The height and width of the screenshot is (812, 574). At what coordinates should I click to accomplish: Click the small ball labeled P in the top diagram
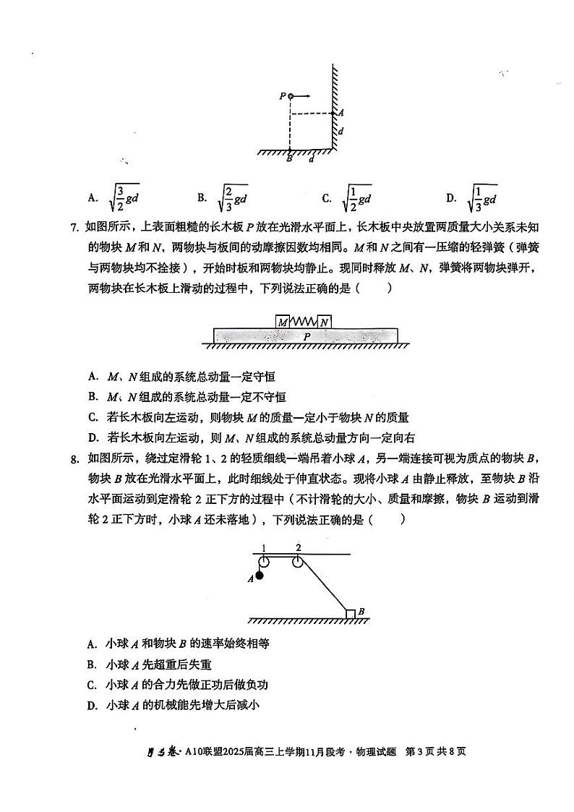(x=290, y=95)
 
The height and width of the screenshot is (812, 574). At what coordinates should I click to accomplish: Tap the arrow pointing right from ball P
(x=302, y=95)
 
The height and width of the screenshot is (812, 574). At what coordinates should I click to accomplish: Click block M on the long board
(x=283, y=321)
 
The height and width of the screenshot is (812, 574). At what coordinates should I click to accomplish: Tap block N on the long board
(x=325, y=321)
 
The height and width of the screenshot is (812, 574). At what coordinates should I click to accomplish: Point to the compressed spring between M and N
(x=304, y=321)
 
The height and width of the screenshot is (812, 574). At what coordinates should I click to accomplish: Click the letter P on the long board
(x=307, y=336)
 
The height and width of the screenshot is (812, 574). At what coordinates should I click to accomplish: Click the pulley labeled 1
(x=264, y=563)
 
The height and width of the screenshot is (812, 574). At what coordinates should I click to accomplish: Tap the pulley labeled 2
(x=297, y=563)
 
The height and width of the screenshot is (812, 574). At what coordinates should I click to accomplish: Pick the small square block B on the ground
(x=351, y=614)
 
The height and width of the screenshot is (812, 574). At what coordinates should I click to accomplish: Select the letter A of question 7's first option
(x=93, y=377)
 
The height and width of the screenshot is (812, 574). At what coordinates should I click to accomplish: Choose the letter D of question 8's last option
(x=92, y=705)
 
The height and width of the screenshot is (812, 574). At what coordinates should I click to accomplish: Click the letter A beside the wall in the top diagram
(x=340, y=113)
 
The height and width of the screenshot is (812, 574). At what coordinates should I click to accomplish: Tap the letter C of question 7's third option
(x=93, y=417)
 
